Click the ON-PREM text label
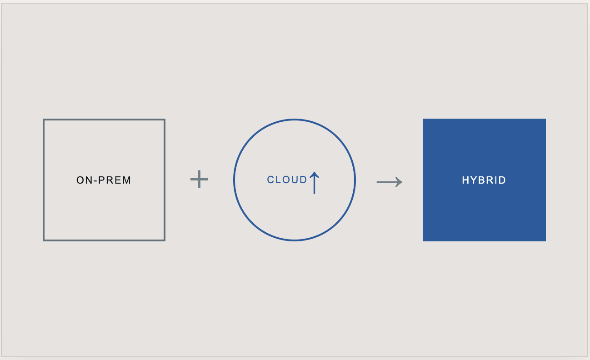104,180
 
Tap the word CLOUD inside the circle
287,180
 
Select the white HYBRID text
484,180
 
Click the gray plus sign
199,179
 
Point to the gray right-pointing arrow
389,182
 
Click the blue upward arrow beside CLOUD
314,183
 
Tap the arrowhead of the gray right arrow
399,182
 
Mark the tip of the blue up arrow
314,172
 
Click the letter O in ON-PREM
80,180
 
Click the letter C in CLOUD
270,180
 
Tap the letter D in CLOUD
304,180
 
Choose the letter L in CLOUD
278,180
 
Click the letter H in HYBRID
465,180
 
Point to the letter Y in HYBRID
474,180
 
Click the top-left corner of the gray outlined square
44,119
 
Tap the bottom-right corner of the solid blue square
546,241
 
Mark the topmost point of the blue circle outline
295,120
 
